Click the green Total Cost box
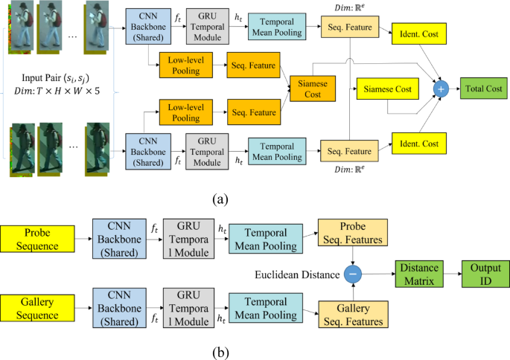click(484, 88)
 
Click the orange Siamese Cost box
click(313, 88)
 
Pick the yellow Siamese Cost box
click(387, 89)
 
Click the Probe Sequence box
click(36, 240)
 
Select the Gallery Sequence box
click(36, 309)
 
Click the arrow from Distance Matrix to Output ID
click(451, 274)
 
